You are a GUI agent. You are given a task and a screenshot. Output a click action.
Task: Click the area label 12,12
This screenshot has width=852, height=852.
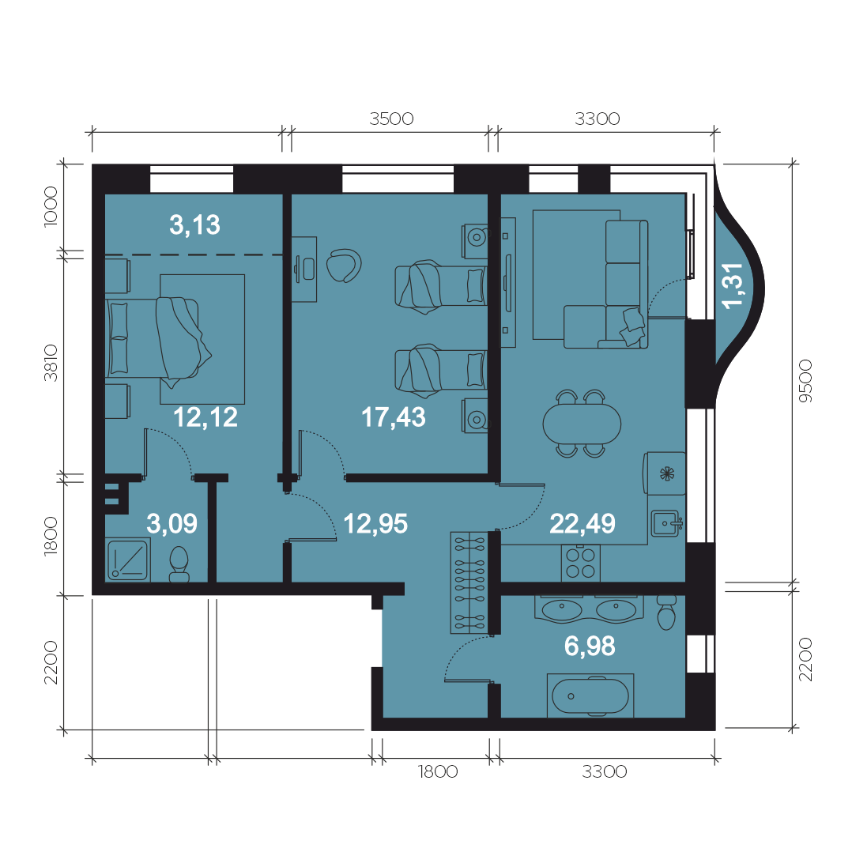point(205,417)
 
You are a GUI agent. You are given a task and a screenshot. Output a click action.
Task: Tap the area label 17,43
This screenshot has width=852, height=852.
point(394,417)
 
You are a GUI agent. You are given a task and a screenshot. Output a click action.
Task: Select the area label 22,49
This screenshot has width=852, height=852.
point(582,524)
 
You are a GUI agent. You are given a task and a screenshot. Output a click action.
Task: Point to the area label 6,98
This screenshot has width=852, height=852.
point(590,646)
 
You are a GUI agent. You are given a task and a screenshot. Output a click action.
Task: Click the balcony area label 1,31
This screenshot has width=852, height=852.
point(733,286)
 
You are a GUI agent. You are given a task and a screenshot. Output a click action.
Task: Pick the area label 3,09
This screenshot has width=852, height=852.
point(172,523)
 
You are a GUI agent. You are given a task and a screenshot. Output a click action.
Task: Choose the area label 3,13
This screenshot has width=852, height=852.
point(194,224)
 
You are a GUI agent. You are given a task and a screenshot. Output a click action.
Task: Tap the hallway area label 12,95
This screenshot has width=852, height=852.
point(375,524)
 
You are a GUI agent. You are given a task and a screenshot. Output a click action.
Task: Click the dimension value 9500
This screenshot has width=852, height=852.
point(806,381)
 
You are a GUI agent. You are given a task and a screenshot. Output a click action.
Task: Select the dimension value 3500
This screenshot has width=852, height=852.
point(391,119)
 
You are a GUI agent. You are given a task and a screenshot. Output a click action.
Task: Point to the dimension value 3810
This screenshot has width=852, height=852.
point(51,363)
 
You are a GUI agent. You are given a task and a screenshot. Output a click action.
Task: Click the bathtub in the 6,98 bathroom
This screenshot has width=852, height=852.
point(590,696)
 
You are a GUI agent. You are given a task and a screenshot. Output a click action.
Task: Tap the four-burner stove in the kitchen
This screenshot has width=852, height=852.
point(581,564)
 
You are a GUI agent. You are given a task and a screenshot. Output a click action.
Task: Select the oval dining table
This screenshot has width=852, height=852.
point(582,424)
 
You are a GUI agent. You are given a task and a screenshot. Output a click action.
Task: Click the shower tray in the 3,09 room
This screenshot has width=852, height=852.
point(128,560)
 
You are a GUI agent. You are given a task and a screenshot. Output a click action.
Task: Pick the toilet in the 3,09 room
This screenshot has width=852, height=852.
point(179,564)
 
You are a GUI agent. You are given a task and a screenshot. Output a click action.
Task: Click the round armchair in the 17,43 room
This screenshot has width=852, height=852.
point(343,266)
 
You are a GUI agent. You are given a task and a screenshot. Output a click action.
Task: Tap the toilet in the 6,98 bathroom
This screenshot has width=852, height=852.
point(666,613)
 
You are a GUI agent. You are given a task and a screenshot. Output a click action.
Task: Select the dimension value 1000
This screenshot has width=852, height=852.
point(51,206)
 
